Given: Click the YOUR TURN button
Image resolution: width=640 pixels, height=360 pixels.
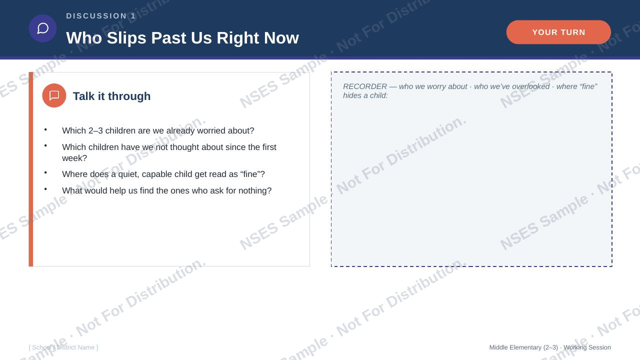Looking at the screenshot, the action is (x=558, y=32).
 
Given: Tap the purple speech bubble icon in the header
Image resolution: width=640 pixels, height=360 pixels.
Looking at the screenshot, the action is (x=42, y=28).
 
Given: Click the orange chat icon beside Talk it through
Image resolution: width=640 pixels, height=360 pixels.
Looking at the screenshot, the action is (x=54, y=95).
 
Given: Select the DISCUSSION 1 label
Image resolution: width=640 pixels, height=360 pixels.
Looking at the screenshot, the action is (x=101, y=16).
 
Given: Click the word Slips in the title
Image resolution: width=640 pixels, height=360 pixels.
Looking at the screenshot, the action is (x=126, y=37).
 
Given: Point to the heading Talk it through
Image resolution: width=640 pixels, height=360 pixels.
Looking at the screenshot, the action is (x=111, y=96).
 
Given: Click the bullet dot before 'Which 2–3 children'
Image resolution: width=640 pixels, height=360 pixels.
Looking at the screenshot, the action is (x=45, y=129).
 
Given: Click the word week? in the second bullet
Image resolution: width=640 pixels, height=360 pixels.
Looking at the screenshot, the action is (x=74, y=158).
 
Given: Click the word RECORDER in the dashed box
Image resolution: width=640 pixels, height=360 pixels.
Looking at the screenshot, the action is (x=365, y=86).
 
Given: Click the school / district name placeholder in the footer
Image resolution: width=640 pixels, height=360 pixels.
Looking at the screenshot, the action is (x=63, y=347).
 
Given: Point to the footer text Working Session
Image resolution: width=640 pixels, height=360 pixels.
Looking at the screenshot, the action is (x=587, y=347).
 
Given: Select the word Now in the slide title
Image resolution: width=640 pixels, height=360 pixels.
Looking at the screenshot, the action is (x=281, y=37).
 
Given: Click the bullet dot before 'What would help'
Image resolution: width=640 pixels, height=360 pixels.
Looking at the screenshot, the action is (x=45, y=189).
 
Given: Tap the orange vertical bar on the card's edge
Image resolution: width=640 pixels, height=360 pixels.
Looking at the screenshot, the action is (x=31, y=169).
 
